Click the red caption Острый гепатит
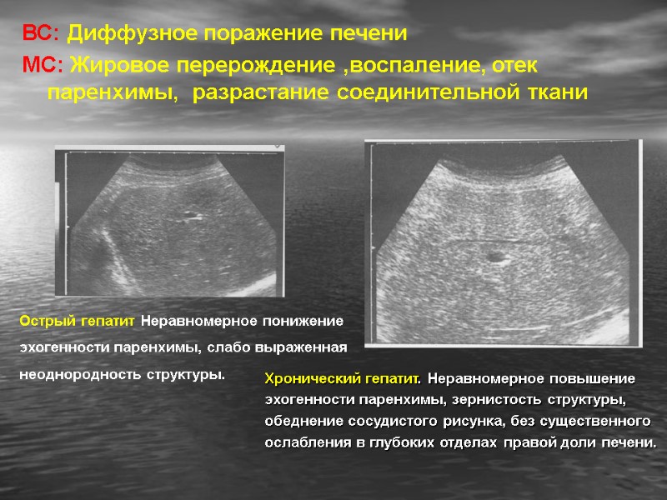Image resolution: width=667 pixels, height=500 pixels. tap(78, 321)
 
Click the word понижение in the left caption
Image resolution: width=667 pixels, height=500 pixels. tap(303, 321)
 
